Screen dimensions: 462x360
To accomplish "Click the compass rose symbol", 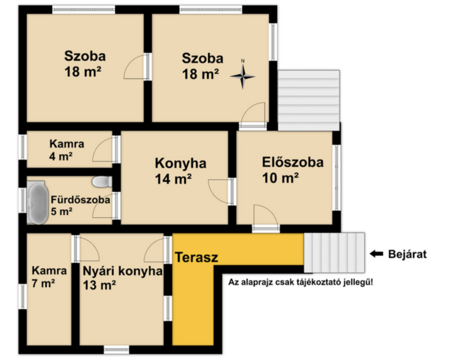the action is tap(243, 76).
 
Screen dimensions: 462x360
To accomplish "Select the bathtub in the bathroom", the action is tap(37, 202).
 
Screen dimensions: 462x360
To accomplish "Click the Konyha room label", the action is tap(180, 164).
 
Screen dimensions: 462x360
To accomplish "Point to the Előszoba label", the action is tap(293, 162).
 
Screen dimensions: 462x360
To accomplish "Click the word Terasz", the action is tap(196, 257).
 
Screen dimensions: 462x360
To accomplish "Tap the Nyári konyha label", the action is tap(122, 271).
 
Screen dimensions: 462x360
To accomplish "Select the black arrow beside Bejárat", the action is tap(377, 254).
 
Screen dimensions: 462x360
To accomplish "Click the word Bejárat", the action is tap(408, 254).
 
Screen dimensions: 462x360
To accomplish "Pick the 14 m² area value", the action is tap(173, 179).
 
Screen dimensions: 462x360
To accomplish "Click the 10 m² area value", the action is tap(280, 177).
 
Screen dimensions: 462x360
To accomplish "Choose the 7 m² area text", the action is tap(43, 283).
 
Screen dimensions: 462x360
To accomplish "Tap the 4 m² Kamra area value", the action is tap(61, 156).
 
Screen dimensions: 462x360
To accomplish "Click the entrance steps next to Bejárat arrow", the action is tap(334, 253).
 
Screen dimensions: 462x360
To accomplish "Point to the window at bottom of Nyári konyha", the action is tap(117, 350).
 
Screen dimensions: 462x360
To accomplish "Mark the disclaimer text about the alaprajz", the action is tap(300, 282).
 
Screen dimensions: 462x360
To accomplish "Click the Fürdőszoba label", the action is tap(80, 199).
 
